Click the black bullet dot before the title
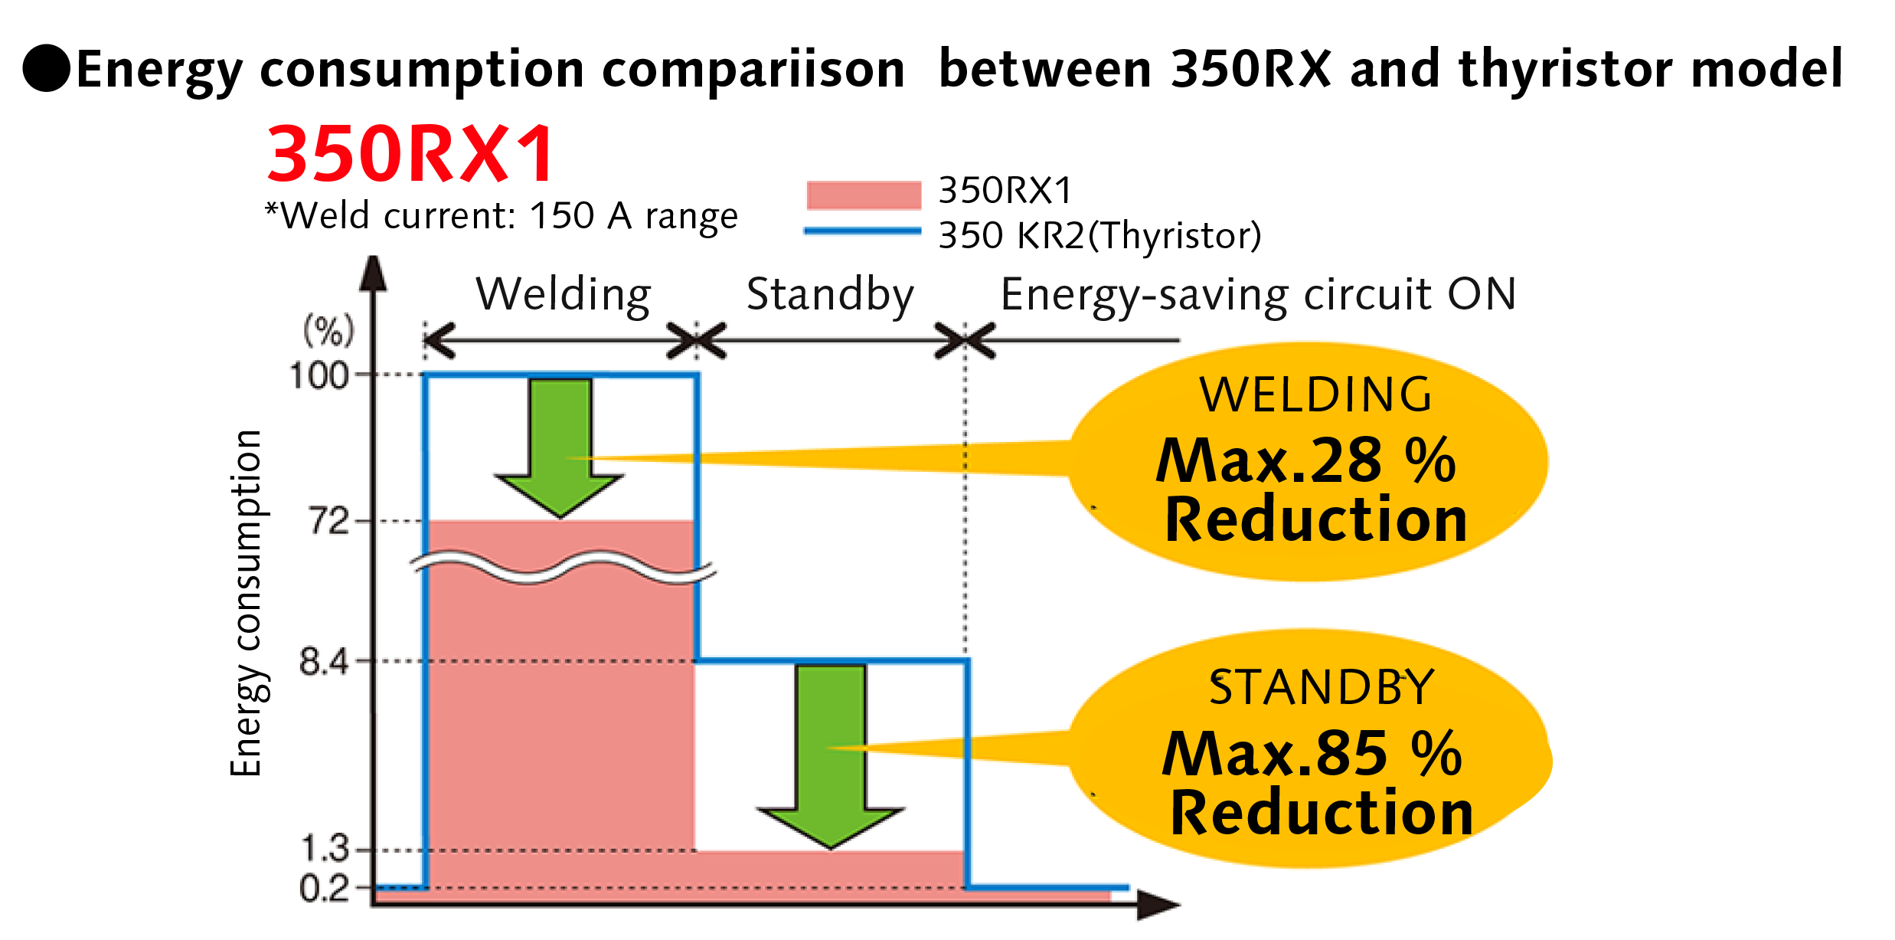[47, 68]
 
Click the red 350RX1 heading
[410, 154]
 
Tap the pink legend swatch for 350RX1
[863, 195]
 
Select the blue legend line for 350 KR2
[863, 230]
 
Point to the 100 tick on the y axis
[319, 375]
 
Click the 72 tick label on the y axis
[328, 522]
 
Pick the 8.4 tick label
[324, 660]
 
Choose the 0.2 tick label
[324, 889]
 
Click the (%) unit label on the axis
[328, 331]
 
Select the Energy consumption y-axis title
[247, 604]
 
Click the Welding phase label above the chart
[563, 294]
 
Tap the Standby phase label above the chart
[830, 294]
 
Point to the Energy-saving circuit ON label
[1258, 294]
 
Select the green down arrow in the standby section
[831, 755]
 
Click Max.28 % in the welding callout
[1305, 460]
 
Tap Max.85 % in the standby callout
[1312, 753]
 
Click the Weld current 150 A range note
[502, 216]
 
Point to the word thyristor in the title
[1567, 70]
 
